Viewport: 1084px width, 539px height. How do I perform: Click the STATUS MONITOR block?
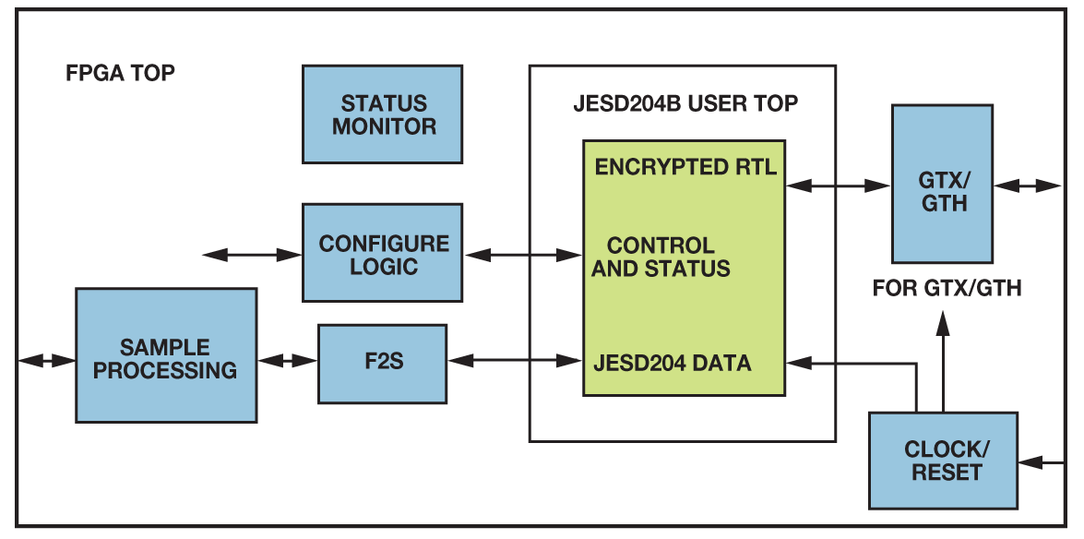click(382, 114)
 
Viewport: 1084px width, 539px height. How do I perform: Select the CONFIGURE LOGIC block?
click(382, 255)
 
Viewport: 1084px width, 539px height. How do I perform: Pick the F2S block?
click(382, 363)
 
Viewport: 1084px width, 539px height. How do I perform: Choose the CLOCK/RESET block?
click(942, 461)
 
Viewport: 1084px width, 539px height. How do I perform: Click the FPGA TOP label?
click(120, 73)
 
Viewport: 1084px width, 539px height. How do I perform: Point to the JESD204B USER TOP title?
click(685, 103)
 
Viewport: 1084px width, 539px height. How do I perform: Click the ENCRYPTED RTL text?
click(685, 167)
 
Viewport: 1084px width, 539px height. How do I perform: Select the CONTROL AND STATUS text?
click(661, 258)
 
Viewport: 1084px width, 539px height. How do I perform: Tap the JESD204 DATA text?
click(672, 363)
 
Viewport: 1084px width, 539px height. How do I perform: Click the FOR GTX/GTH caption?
click(947, 289)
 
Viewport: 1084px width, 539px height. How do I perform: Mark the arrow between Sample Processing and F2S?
click(287, 361)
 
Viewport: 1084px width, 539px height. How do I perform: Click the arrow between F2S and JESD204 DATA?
click(515, 361)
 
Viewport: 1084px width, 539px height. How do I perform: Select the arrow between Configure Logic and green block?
click(522, 254)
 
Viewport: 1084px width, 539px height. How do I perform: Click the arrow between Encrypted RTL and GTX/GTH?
click(839, 186)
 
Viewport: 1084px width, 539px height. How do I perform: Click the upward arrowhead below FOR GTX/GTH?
click(942, 323)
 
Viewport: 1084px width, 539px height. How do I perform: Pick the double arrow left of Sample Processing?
click(46, 361)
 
